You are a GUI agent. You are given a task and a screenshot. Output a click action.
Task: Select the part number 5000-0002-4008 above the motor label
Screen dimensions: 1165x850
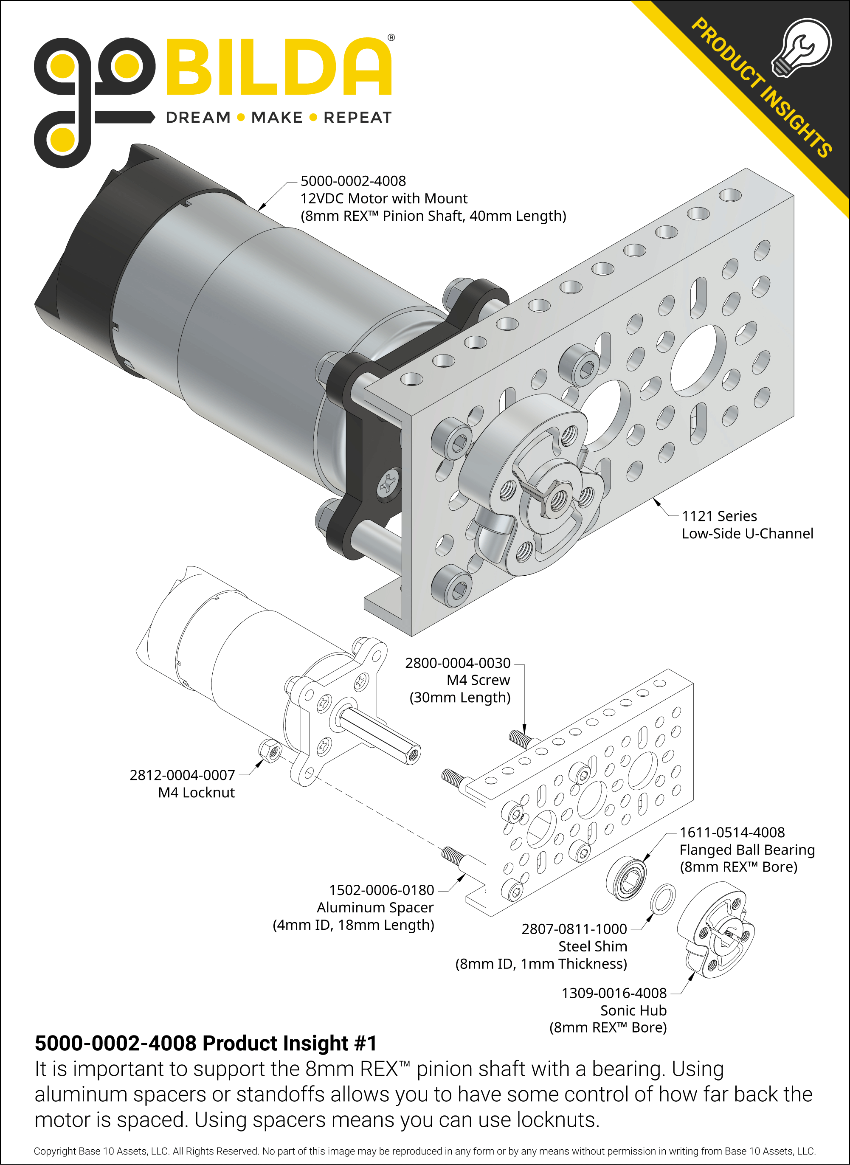click(353, 181)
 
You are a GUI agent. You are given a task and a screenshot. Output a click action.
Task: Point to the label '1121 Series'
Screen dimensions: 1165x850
click(719, 516)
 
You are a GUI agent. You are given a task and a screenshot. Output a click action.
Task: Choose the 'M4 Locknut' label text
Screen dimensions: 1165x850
click(196, 793)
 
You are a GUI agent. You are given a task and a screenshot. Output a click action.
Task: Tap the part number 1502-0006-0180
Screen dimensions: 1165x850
click(381, 890)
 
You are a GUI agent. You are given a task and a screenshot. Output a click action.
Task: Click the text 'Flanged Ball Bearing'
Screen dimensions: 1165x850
click(747, 850)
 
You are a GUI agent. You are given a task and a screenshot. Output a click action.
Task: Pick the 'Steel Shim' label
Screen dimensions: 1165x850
click(592, 946)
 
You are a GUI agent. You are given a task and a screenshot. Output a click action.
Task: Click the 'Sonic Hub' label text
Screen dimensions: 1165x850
click(633, 1010)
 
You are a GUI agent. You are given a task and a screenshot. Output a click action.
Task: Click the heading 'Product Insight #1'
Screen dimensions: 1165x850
click(290, 1044)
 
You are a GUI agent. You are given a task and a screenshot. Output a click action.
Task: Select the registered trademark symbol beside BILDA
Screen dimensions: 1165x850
click(391, 37)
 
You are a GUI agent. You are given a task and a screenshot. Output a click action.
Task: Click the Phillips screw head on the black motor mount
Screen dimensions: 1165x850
click(389, 483)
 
